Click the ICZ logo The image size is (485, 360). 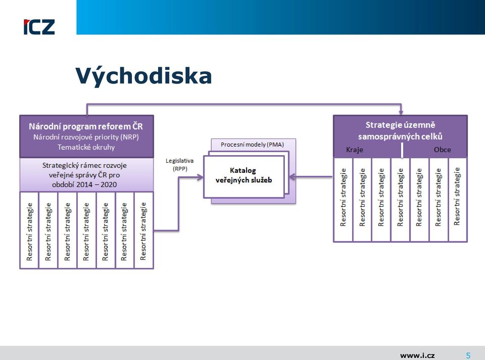(39, 27)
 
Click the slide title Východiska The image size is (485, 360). (143, 76)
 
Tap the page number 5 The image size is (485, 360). (468, 355)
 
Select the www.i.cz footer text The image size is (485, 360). (417, 355)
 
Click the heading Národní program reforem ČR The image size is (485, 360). (86, 126)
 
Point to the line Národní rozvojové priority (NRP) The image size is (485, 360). (86, 137)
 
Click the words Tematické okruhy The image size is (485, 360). (86, 147)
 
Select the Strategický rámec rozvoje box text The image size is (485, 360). (84, 175)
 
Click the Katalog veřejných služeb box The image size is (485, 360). (244, 176)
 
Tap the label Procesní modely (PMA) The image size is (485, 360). (252, 145)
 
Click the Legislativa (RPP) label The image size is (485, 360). (179, 165)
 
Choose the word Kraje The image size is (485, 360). (355, 150)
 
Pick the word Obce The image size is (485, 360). (443, 150)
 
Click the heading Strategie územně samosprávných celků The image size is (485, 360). (400, 130)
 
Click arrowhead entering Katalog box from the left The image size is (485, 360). (201, 177)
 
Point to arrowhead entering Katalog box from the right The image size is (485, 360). (292, 177)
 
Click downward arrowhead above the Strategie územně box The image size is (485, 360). (401, 112)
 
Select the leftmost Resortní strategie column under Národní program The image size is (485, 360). (29, 231)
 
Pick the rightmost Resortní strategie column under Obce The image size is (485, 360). (458, 200)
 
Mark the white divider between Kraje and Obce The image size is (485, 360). (402, 151)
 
